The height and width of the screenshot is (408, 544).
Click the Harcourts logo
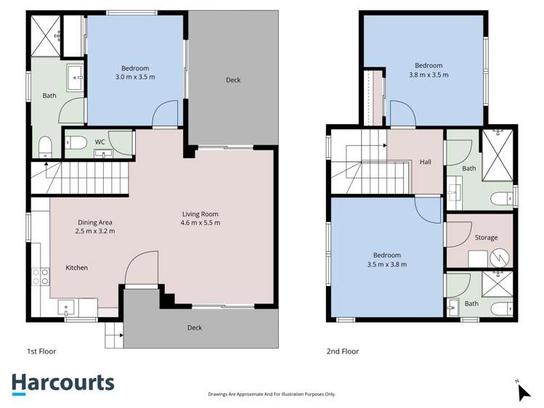tap(62, 383)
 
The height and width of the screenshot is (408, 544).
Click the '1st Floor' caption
tap(41, 351)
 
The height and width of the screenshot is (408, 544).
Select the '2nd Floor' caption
tap(343, 351)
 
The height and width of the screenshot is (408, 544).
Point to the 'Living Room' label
tap(200, 214)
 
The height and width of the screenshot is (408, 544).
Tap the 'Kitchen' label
tap(77, 268)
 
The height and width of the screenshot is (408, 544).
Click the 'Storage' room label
tap(486, 237)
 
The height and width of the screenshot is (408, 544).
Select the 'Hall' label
tap(426, 162)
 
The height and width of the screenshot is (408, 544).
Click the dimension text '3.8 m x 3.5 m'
tap(428, 74)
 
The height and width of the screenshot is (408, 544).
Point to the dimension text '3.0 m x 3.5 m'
tap(134, 76)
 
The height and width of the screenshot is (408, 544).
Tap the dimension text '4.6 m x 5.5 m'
tap(200, 223)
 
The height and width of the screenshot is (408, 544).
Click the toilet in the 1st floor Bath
tap(44, 147)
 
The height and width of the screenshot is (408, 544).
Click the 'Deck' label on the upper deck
tap(232, 81)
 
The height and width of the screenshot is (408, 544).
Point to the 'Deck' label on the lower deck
tap(195, 327)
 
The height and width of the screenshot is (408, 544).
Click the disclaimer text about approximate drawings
tap(271, 394)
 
